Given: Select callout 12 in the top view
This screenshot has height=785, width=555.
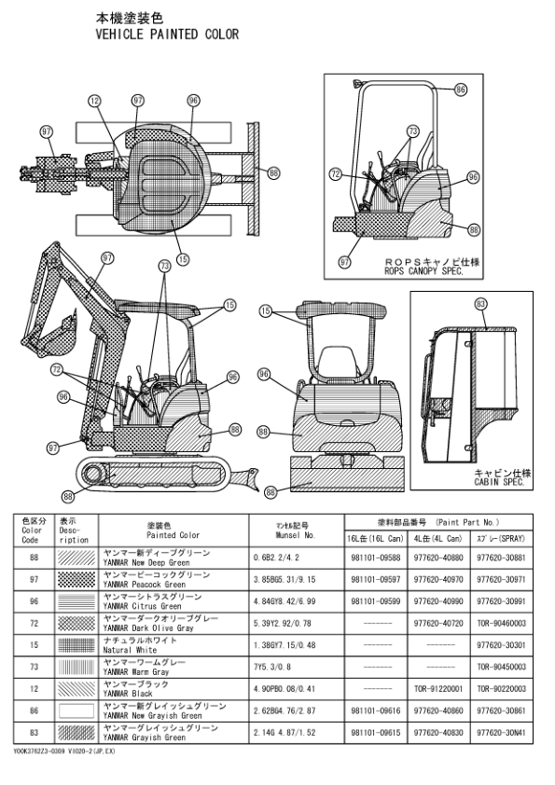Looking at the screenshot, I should pyautogui.click(x=94, y=101).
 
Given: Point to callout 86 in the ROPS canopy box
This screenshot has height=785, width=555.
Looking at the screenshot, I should pyautogui.click(x=460, y=90).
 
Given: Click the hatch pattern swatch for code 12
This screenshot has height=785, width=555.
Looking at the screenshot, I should pyautogui.click(x=76, y=689).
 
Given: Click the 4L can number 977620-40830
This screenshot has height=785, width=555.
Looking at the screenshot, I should pyautogui.click(x=437, y=733).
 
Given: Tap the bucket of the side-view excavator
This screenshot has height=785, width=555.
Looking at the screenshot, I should pyautogui.click(x=66, y=329).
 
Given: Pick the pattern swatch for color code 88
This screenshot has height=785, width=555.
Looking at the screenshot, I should pyautogui.click(x=76, y=559).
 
